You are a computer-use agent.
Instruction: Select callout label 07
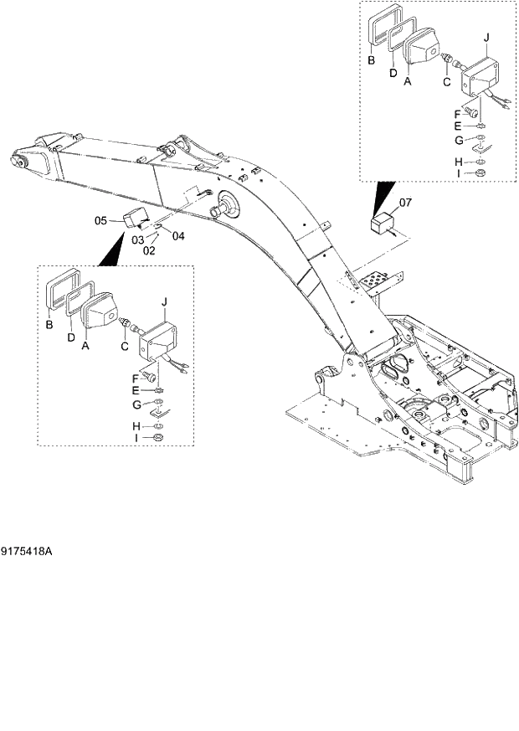coord(404,203)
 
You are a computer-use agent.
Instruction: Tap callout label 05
coord(100,221)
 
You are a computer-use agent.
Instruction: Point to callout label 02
coord(149,250)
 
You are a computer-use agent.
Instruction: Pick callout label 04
coord(177,235)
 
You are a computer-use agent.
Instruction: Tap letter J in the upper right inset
coord(486,38)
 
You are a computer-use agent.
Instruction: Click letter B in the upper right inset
coord(371,60)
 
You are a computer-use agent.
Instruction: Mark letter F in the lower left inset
coord(136,377)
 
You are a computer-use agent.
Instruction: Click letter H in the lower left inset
coord(136,426)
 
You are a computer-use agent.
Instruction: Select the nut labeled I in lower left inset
coord(157,437)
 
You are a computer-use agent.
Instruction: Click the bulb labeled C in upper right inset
coord(449,60)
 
